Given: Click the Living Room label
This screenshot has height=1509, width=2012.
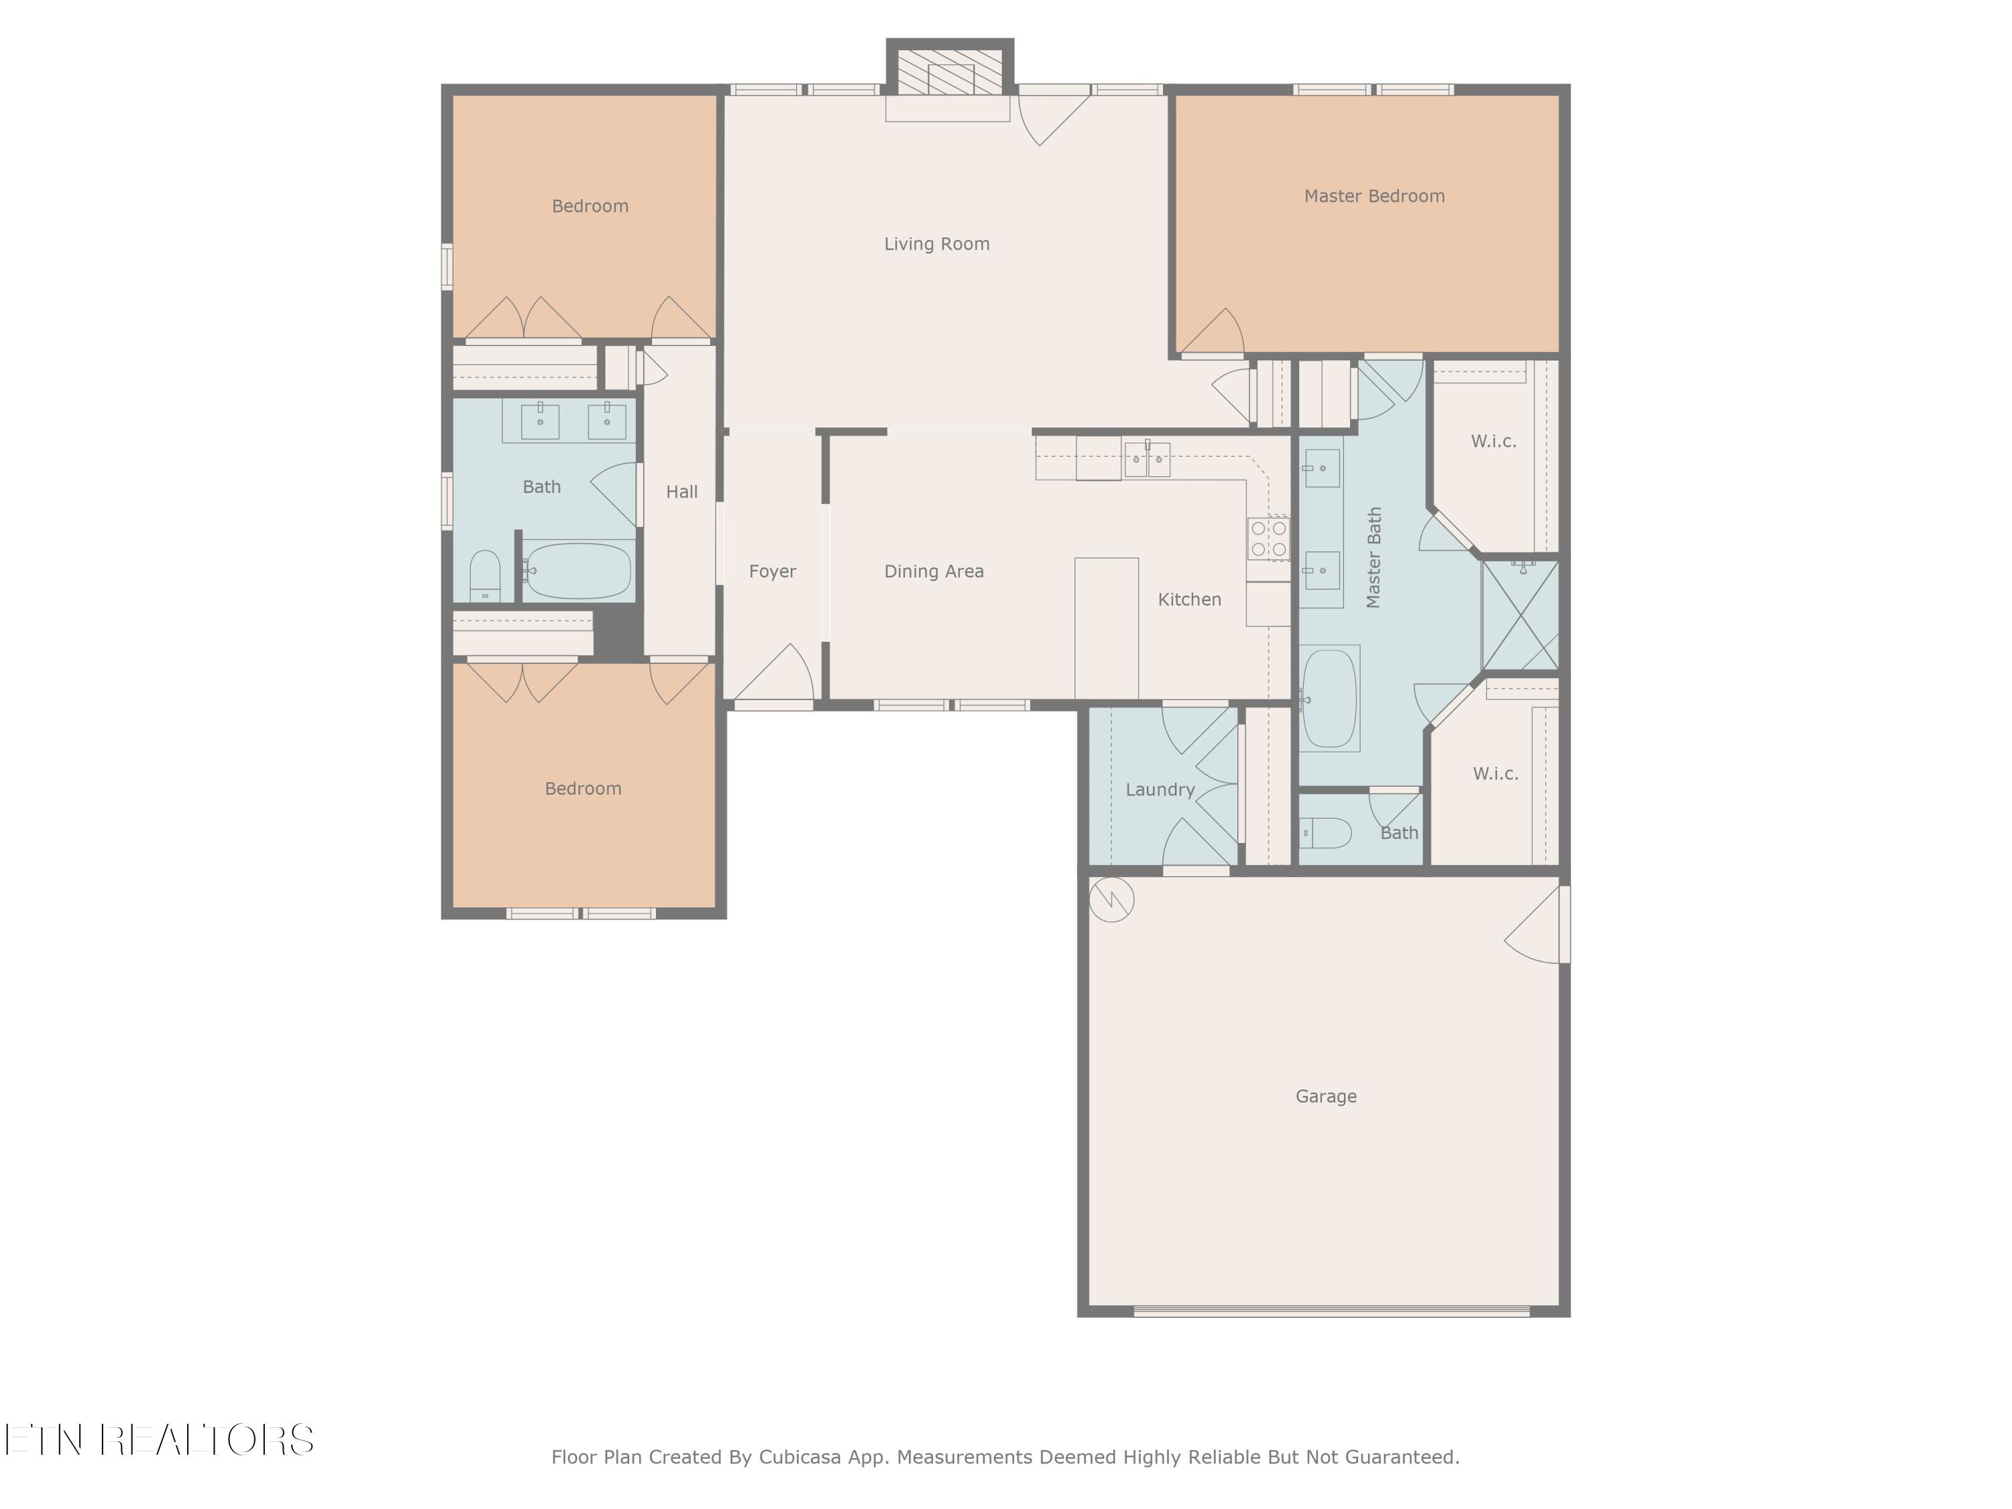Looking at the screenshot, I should click(x=937, y=243).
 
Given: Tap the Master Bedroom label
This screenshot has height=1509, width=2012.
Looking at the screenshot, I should click(x=1374, y=197).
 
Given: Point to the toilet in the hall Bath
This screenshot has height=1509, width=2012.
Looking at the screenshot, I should click(x=485, y=575).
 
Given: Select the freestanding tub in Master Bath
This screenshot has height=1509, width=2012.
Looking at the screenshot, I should click(x=1330, y=697).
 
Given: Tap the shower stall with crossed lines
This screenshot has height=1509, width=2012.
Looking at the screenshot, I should click(x=1520, y=616).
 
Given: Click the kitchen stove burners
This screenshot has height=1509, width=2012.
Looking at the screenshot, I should click(x=1268, y=538).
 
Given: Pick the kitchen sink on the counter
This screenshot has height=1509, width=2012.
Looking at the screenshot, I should click(x=1147, y=459).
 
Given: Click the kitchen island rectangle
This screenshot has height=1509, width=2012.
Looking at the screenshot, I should click(x=1106, y=628).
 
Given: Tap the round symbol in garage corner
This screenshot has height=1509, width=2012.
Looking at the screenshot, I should click(x=1111, y=899).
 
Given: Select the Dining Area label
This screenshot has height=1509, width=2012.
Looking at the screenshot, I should click(x=934, y=572).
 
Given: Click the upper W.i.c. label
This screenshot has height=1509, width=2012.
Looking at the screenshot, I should click(x=1493, y=442).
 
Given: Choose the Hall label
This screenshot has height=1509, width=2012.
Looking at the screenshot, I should click(x=681, y=492).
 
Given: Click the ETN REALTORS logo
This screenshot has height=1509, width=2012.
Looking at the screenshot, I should click(x=159, y=1440).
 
